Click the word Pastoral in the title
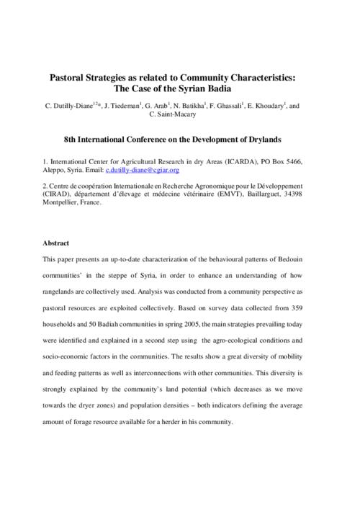tap(68, 76)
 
